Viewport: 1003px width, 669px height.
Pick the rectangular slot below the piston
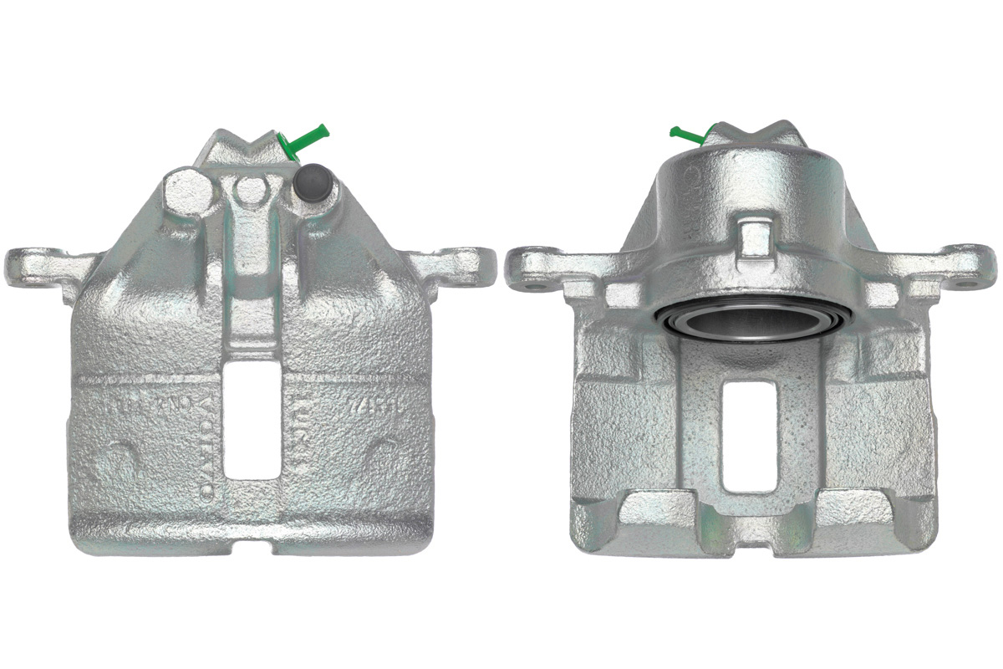[x=749, y=435]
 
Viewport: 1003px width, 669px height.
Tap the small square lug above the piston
[x=754, y=237]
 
